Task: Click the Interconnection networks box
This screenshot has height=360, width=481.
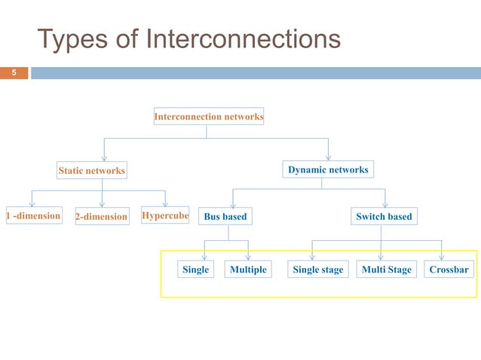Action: point(208,117)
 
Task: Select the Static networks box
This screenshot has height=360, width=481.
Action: point(91,171)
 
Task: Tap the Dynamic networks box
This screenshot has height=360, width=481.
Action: point(328,169)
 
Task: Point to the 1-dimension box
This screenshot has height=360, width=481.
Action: point(32,216)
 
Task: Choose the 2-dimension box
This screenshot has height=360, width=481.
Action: point(102,217)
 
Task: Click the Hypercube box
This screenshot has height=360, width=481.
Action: point(164,216)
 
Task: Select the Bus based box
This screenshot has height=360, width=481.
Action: point(225,217)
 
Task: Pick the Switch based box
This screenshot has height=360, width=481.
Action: point(384,217)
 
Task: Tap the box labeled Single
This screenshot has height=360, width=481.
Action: point(195,270)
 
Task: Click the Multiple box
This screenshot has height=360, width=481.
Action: point(248,270)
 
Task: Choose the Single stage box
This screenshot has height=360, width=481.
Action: point(317,270)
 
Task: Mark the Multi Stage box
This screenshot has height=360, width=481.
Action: point(387,270)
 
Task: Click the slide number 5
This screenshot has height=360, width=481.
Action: point(13,73)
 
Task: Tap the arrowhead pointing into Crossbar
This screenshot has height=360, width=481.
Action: point(442,258)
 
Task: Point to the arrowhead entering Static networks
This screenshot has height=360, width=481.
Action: point(103,158)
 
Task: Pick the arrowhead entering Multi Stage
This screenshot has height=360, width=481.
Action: point(381,258)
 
